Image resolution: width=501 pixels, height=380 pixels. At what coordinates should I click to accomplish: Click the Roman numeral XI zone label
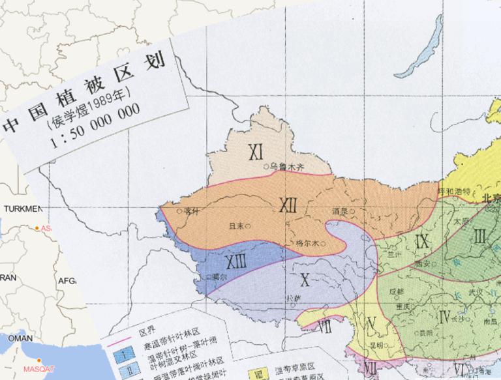pos(256,152)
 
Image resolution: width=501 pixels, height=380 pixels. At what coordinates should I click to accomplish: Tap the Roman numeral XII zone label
pos(288,205)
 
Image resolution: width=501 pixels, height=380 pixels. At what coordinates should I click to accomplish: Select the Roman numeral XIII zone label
pos(235,262)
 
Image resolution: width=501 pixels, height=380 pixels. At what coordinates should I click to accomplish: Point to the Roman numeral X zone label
pos(304,280)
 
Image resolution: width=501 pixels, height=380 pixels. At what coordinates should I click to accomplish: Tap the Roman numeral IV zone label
pos(446,317)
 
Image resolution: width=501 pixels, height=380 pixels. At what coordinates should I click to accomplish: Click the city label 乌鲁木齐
pos(287,166)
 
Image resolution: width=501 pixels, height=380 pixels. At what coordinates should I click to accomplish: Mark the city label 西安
pos(421,264)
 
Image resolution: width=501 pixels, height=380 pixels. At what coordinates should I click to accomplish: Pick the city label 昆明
pos(375,343)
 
